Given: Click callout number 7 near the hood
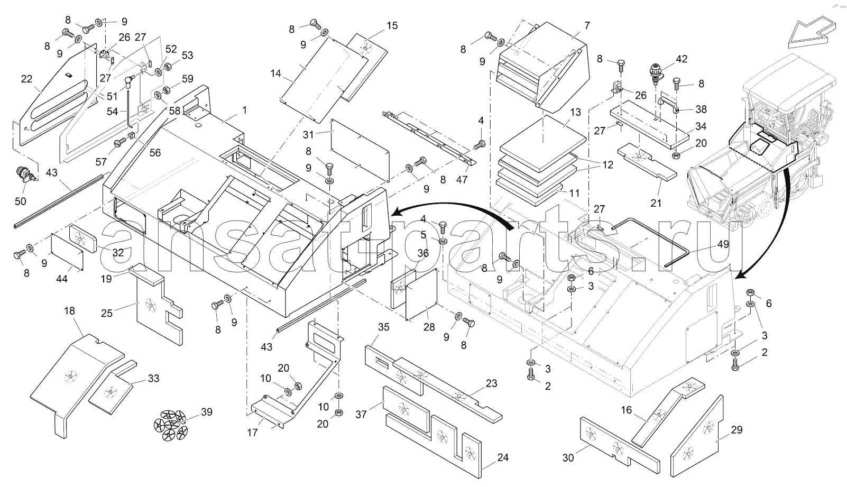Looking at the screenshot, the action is [x=586, y=26].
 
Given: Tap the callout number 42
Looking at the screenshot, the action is [x=682, y=59].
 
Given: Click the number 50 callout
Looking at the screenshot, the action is [x=21, y=201].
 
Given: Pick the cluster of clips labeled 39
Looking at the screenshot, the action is [x=171, y=424].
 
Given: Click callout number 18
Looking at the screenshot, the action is [x=70, y=311].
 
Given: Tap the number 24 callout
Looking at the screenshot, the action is [x=503, y=457].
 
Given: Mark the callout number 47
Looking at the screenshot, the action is [x=462, y=179].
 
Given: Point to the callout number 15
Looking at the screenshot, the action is [x=392, y=25].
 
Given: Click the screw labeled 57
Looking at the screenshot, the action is [x=119, y=142].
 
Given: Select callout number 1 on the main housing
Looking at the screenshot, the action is [x=245, y=110].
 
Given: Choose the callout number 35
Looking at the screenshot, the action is [x=384, y=327].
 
